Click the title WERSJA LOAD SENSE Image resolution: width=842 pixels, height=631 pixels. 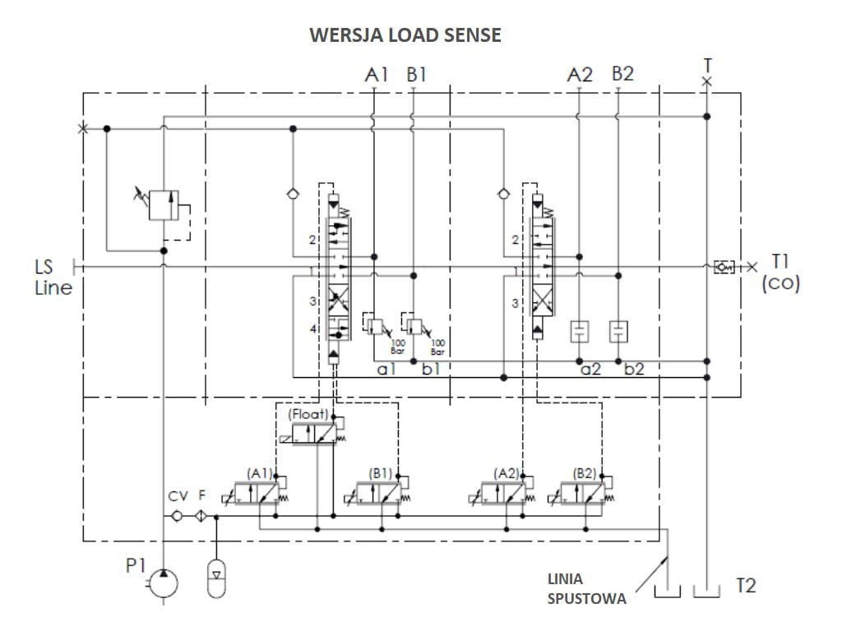coord(405,35)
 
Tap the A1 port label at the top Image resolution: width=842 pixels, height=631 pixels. coord(376,75)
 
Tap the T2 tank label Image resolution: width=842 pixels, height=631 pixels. coord(745,585)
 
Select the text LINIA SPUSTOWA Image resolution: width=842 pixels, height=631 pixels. coord(586,589)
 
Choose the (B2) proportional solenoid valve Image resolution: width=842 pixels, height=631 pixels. coord(585,493)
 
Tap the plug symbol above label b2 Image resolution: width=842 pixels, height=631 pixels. coord(618,331)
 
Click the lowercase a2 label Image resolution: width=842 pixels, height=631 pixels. coord(590,369)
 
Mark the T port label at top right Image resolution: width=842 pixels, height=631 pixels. coord(707,64)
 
